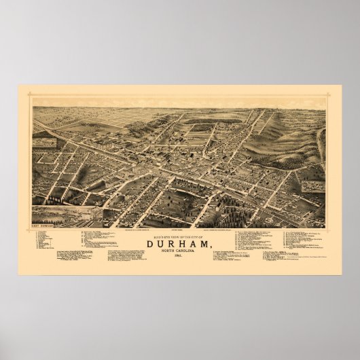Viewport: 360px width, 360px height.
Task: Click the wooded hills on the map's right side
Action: pyautogui.click(x=285, y=136)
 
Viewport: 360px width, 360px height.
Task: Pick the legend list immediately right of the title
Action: pyautogui.click(x=251, y=241)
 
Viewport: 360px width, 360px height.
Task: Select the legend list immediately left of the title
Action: pyautogui.click(x=109, y=241)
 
